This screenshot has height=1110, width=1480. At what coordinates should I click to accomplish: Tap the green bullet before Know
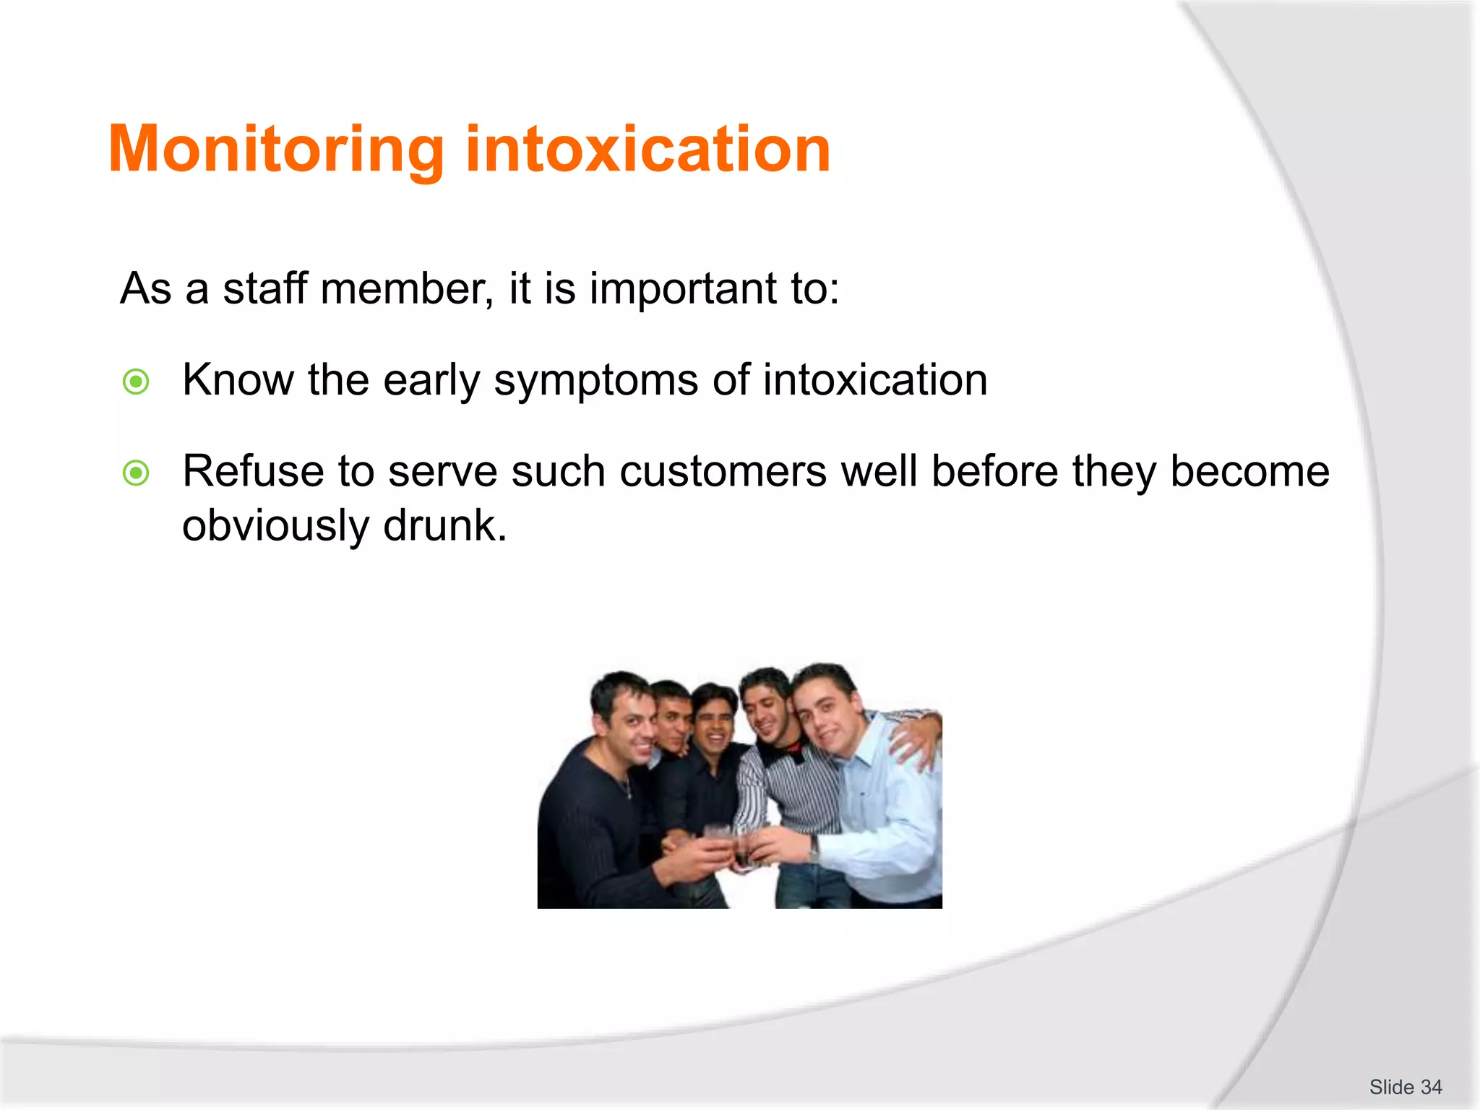point(136,382)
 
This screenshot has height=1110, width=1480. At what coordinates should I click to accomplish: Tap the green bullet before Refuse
point(136,474)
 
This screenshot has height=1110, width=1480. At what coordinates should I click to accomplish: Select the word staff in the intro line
point(264,289)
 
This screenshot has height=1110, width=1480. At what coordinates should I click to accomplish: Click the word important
point(684,289)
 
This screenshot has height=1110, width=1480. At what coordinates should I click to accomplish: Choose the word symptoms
point(596,382)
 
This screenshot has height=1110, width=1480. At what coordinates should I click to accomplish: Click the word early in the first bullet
point(431,382)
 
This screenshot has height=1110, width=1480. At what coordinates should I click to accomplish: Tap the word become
point(1249,472)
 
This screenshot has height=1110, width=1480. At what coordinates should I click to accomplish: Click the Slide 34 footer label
point(1405,1087)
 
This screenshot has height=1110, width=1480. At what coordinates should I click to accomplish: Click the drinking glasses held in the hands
point(730,846)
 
